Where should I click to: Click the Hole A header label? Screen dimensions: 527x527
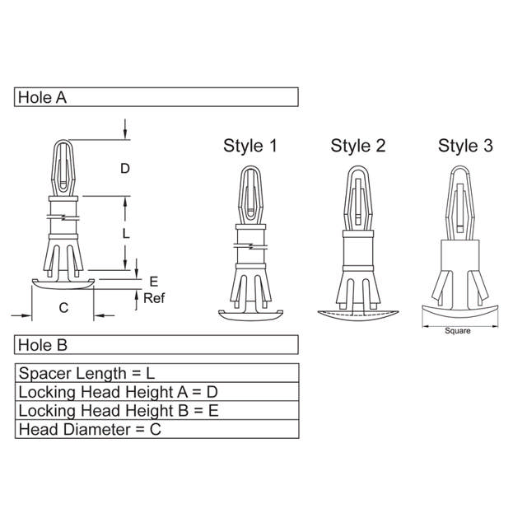pos(42,97)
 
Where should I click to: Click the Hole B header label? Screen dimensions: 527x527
pos(42,345)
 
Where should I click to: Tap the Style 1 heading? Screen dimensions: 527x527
pos(250,147)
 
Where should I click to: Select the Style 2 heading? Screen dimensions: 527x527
pos(357,147)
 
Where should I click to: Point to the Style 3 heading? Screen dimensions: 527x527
pos(465,147)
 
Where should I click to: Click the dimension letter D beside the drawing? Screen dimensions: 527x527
pos(125,169)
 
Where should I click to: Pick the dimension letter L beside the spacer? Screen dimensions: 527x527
pos(125,234)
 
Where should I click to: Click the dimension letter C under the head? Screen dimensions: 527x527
pos(63,307)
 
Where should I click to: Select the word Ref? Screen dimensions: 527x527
pos(155,298)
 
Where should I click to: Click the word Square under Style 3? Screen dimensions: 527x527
pos(457,331)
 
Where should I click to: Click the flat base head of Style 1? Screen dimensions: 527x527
pos(250,314)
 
